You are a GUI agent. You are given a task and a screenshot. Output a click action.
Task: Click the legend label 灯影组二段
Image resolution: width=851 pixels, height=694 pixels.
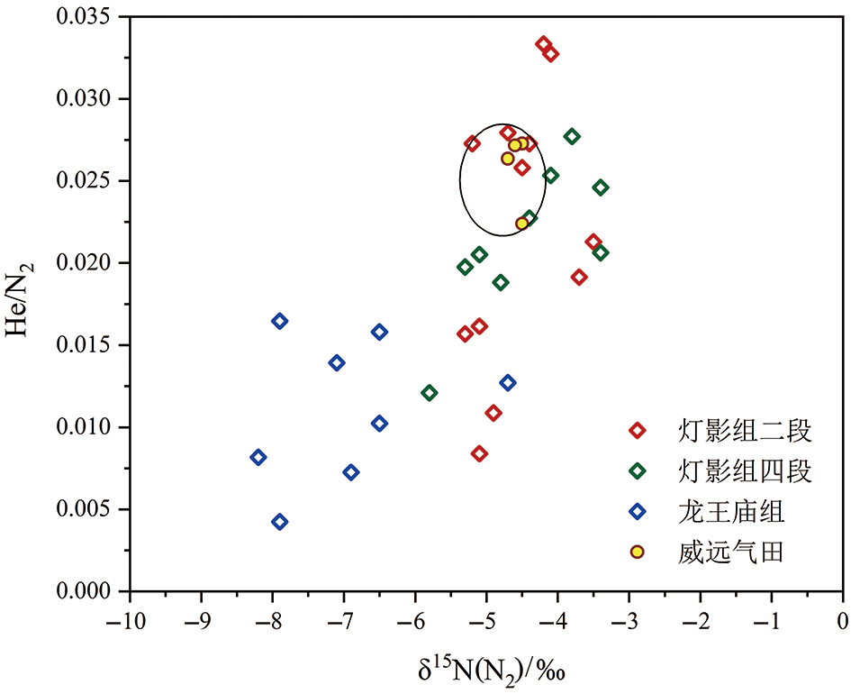click(x=747, y=431)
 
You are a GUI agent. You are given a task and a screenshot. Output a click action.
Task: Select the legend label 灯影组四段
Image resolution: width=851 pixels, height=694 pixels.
click(x=747, y=471)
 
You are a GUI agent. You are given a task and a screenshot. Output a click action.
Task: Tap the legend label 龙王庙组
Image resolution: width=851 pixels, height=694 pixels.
click(x=733, y=512)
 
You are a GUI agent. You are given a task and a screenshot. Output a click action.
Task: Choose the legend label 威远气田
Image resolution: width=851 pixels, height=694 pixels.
click(x=733, y=552)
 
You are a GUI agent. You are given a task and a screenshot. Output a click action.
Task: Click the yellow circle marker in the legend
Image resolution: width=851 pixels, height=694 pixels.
click(x=638, y=552)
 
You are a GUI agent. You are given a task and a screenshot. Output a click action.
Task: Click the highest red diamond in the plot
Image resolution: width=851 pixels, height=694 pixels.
click(x=544, y=44)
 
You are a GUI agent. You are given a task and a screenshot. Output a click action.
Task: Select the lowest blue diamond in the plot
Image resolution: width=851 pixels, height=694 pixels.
click(x=280, y=522)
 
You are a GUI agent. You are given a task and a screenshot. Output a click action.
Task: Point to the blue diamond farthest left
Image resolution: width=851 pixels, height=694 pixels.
click(x=258, y=457)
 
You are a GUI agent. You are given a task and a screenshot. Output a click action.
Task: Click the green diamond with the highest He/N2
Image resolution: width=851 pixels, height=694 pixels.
click(x=572, y=136)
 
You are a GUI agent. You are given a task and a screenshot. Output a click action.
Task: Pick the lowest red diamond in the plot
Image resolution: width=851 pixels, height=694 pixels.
click(x=479, y=453)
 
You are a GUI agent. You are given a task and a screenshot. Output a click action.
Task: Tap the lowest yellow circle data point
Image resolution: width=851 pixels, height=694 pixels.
click(x=522, y=224)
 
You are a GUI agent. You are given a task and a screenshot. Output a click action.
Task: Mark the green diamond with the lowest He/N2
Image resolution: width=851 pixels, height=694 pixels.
click(x=430, y=393)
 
